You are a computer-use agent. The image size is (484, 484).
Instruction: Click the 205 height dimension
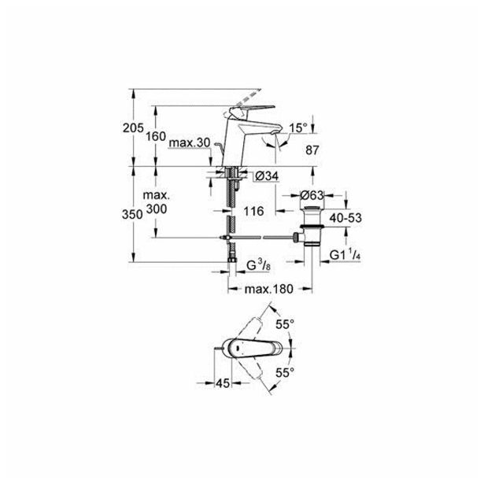click(x=133, y=127)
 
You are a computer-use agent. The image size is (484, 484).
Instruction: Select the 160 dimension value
click(x=156, y=136)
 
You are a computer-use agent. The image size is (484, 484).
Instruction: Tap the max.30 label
click(x=190, y=143)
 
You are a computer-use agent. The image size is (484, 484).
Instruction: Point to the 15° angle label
click(x=298, y=127)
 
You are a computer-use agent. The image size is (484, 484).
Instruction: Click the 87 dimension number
click(x=312, y=150)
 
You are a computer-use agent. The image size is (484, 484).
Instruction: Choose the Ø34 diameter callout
click(x=267, y=176)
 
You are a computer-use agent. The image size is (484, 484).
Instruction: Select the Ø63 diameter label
click(x=312, y=195)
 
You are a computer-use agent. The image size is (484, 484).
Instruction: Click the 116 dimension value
click(x=253, y=211)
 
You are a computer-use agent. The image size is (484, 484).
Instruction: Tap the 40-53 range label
click(x=345, y=218)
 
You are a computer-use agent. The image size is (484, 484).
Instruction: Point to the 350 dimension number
click(x=132, y=214)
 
